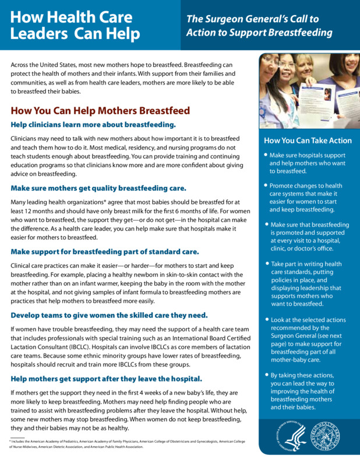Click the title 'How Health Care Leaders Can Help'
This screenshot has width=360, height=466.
click(x=76, y=25)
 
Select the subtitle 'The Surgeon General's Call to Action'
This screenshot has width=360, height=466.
click(x=259, y=26)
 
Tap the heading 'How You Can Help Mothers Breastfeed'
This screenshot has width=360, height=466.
click(x=100, y=111)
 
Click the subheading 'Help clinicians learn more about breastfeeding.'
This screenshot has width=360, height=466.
click(x=93, y=125)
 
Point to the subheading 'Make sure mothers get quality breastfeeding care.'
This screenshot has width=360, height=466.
click(x=98, y=188)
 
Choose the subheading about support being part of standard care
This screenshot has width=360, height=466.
click(x=105, y=252)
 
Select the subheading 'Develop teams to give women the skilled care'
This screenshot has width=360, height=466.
click(x=109, y=315)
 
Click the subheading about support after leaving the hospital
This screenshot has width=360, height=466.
click(x=106, y=379)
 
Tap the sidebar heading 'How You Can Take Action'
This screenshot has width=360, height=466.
click(x=308, y=140)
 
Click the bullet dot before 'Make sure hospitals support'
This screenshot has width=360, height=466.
click(x=266, y=156)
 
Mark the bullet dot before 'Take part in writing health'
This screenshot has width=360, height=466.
click(x=266, y=263)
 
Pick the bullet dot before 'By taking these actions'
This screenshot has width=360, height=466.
click(x=266, y=376)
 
